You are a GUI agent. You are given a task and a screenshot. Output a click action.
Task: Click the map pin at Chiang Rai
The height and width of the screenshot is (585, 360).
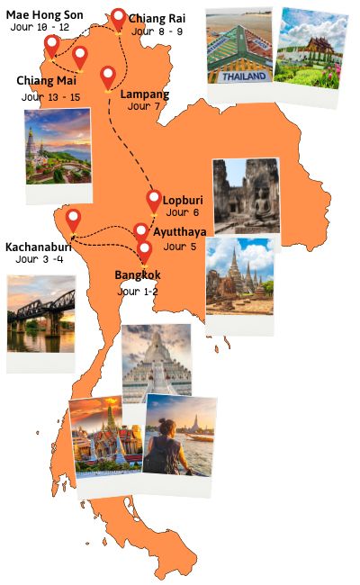119,19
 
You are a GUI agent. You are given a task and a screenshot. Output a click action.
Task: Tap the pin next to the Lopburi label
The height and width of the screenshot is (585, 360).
154,201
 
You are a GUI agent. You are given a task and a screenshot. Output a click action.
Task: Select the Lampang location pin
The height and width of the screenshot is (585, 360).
108,76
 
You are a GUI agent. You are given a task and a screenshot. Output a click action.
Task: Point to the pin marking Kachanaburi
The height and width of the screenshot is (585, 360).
73,220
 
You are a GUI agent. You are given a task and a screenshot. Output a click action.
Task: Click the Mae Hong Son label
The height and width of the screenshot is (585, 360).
45,14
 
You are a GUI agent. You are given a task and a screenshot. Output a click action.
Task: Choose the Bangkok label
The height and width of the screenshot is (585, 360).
137,274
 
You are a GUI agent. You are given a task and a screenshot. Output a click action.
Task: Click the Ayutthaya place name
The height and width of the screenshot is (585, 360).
179,232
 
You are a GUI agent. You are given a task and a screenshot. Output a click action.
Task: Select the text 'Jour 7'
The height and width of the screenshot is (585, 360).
144,106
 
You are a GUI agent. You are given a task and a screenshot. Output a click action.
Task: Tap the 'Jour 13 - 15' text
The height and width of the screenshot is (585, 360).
50,96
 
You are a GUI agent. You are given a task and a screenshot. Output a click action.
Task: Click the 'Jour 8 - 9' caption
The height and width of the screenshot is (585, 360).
154,31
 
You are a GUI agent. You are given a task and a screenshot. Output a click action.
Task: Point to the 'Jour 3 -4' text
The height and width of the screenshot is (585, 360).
40,259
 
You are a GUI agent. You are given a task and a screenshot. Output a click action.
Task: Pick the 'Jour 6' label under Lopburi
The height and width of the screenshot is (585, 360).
183,213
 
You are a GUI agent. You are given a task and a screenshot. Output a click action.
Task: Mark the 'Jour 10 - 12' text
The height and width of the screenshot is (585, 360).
40,28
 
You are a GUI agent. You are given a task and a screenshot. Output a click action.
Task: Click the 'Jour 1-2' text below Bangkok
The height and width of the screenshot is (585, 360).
139,292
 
